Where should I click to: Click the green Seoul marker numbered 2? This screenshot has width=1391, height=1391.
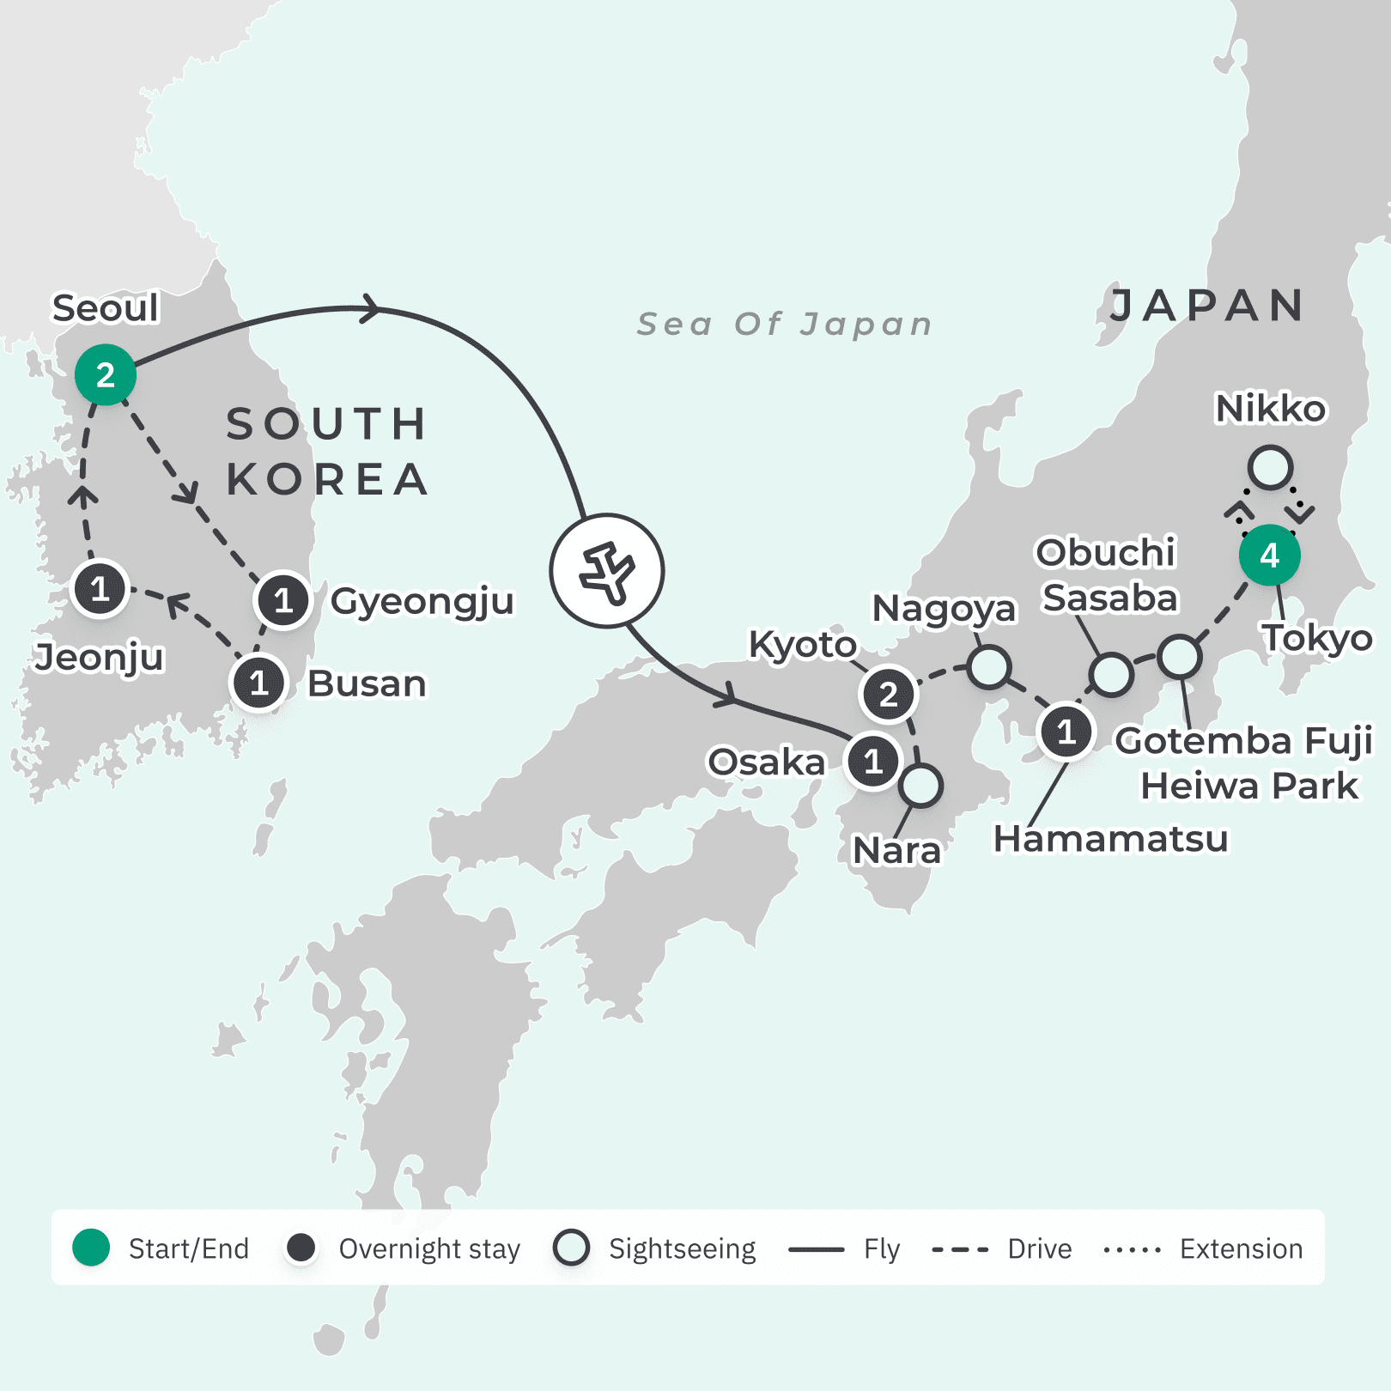(x=105, y=375)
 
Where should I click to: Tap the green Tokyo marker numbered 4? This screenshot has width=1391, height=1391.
(x=1269, y=556)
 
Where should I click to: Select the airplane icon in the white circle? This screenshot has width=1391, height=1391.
(x=607, y=571)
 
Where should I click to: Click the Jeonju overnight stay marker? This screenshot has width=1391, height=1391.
(x=100, y=589)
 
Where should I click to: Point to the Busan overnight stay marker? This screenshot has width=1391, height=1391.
(x=258, y=683)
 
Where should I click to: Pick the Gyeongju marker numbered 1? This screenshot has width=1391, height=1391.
(x=282, y=600)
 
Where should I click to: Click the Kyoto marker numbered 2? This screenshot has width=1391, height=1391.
(x=888, y=694)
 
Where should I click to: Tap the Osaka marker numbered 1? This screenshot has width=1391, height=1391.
(x=873, y=761)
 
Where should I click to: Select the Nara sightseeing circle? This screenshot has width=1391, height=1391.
(x=921, y=786)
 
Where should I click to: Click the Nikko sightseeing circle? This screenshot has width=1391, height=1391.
(x=1270, y=468)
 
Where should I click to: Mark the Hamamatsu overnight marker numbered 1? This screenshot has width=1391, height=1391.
(x=1066, y=732)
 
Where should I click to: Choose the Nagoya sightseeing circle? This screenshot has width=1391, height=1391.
(x=988, y=667)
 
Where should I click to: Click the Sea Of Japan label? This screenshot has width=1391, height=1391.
(x=784, y=325)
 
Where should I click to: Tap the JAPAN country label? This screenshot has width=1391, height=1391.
(x=1206, y=306)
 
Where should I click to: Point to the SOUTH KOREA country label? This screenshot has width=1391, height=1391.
(x=327, y=452)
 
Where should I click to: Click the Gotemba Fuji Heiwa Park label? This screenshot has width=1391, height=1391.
(x=1245, y=763)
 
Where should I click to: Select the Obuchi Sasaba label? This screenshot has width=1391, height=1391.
(x=1107, y=574)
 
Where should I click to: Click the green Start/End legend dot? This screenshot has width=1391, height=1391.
(x=91, y=1248)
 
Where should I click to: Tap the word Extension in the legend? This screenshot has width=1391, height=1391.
(x=1241, y=1248)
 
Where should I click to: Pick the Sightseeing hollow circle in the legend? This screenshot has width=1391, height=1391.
(x=572, y=1248)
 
